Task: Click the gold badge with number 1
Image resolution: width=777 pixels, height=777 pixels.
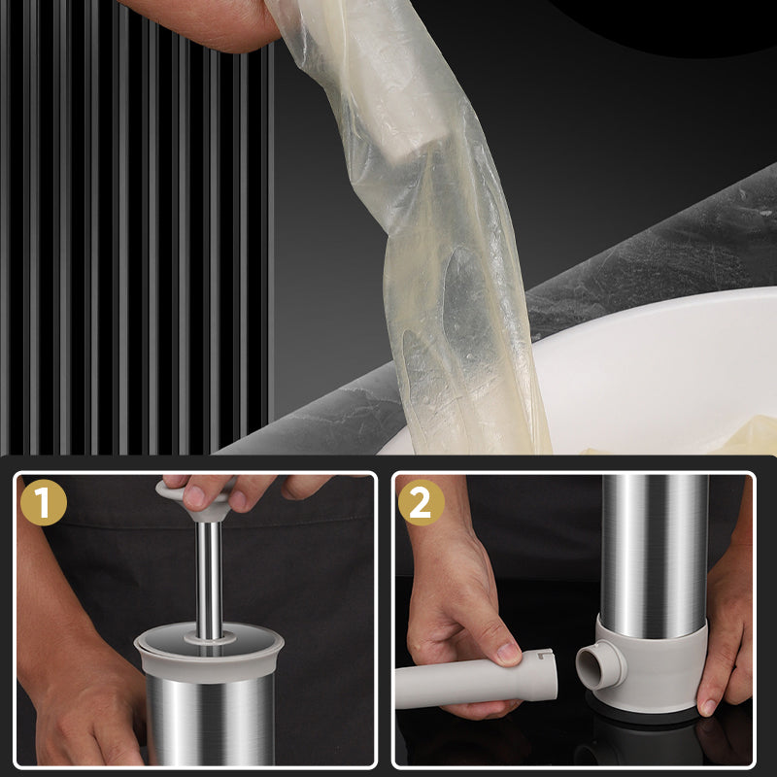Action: (x=42, y=502)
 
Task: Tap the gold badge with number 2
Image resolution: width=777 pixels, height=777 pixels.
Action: (x=421, y=502)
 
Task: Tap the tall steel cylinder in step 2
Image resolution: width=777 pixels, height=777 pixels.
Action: (x=654, y=554)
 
